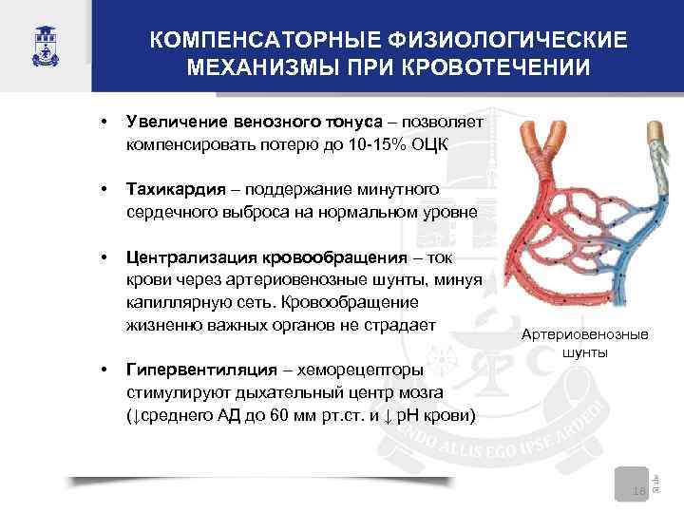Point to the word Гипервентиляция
197,370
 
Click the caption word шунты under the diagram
585,352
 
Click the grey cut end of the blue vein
655,140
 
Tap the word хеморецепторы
353,370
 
